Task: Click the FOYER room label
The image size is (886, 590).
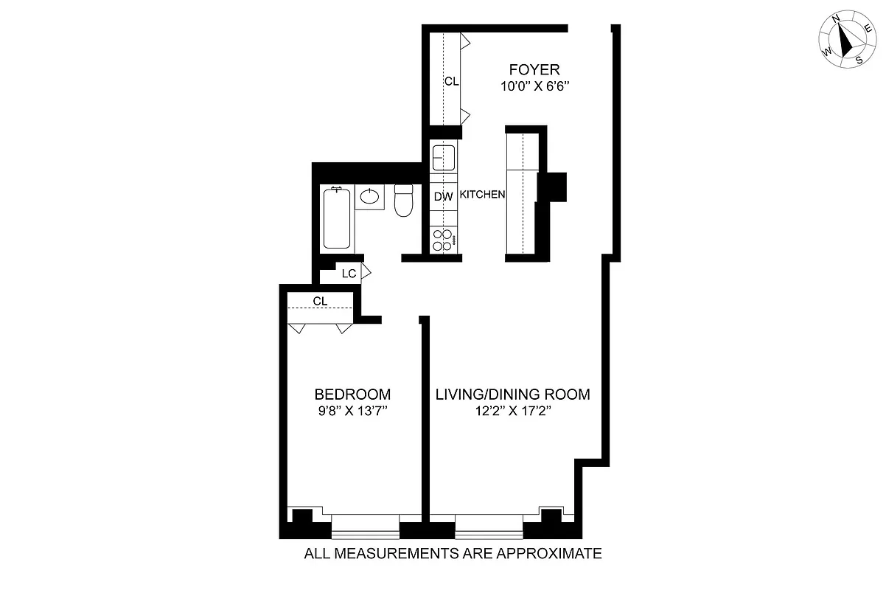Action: click(x=534, y=70)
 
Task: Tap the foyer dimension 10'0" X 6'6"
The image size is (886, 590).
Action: click(x=534, y=86)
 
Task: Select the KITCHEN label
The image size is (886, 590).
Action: click(x=482, y=195)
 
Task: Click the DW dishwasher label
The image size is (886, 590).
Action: click(x=442, y=197)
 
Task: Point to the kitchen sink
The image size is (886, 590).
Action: click(x=443, y=157)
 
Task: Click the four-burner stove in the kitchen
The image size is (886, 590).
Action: click(x=443, y=240)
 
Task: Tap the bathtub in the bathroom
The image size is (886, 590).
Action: click(x=338, y=219)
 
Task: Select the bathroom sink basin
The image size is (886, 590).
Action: click(x=370, y=197)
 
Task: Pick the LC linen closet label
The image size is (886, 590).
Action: click(x=349, y=273)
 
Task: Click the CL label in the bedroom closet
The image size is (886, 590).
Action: click(x=320, y=301)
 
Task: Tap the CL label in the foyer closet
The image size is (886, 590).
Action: click(x=451, y=82)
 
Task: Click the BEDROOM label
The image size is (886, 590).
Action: click(x=352, y=395)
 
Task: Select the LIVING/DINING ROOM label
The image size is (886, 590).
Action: click(x=512, y=395)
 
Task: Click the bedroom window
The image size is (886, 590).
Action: click(x=365, y=525)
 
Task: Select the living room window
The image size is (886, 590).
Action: click(x=489, y=525)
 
